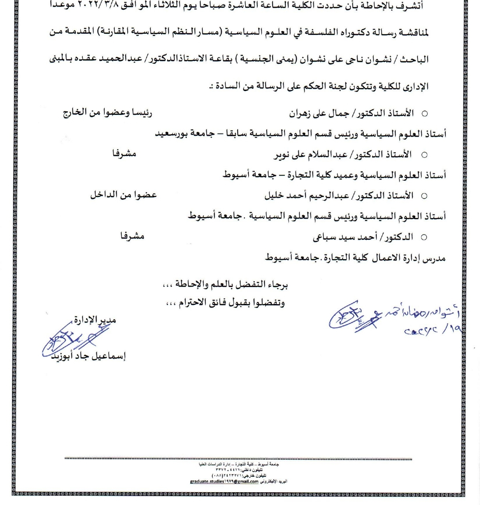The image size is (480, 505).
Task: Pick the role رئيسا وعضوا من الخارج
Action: [x=107, y=113]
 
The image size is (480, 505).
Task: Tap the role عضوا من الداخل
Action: [x=123, y=195]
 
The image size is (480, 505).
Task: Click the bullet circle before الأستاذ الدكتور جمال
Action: [x=424, y=114]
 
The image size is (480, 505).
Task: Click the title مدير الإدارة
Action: [x=95, y=320]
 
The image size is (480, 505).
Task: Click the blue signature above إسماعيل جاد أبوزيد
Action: [x=70, y=339]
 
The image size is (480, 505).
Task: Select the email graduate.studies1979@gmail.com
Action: [x=224, y=481]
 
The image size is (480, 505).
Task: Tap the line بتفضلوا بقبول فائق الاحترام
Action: [x=232, y=303]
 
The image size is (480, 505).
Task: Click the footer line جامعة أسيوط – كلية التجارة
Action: [x=238, y=464]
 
